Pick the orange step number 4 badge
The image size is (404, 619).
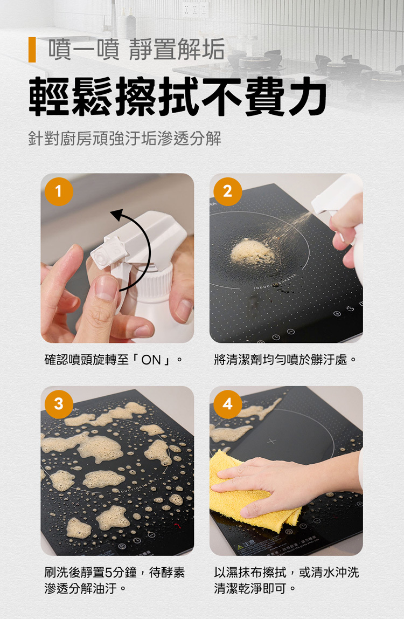[x=228, y=404]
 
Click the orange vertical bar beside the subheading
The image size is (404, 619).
[x=32, y=50]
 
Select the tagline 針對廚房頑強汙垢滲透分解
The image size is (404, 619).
[x=124, y=139]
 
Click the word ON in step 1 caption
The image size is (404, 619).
[x=151, y=360]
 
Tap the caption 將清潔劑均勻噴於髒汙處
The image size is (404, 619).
[x=285, y=360]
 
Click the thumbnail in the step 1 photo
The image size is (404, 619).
[x=107, y=288]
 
